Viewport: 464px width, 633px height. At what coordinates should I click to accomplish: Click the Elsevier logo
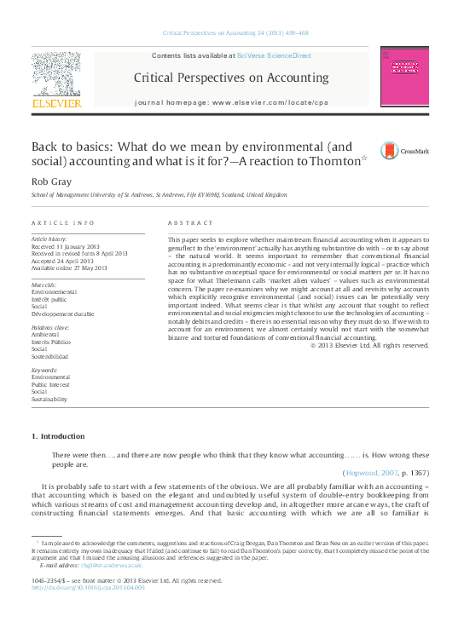click(56, 82)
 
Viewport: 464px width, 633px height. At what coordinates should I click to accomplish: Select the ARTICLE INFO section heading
click(63, 222)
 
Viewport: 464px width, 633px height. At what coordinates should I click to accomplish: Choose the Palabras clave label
click(49, 327)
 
